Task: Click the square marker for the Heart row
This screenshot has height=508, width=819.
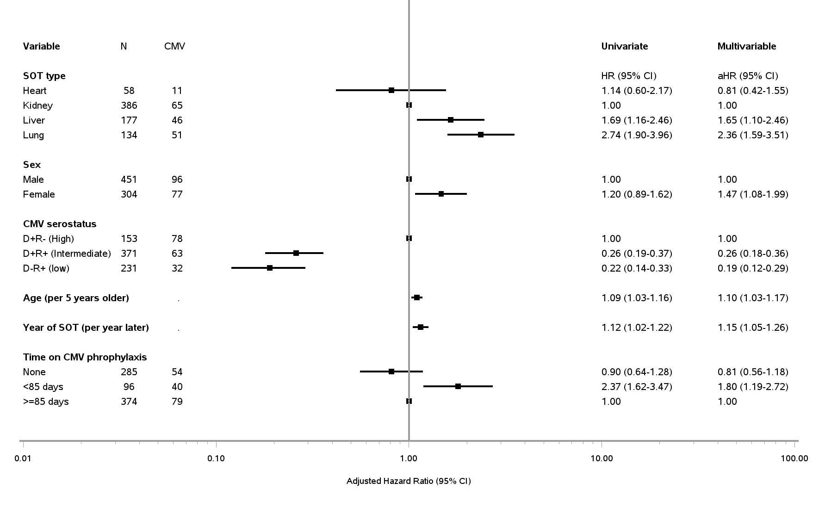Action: point(391,90)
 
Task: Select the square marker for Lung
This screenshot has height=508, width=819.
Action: point(481,135)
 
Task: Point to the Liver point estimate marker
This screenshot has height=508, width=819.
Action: point(451,120)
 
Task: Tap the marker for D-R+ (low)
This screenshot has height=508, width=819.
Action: point(270,268)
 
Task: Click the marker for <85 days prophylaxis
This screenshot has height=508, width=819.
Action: point(458,386)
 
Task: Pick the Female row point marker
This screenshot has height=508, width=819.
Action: point(441,194)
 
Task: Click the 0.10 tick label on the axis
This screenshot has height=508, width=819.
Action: point(216,458)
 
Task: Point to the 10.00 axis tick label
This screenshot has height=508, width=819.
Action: point(602,458)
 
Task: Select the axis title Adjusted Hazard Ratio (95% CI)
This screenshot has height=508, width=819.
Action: point(409,481)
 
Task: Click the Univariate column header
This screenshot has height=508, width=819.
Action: point(625,46)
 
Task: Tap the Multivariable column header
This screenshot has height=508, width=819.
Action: point(747,46)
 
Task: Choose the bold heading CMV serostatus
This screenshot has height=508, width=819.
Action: point(60,224)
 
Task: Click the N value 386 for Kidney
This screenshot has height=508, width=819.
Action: point(129,105)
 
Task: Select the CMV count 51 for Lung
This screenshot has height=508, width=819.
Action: point(177,135)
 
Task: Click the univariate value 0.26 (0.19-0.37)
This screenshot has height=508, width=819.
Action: point(637,254)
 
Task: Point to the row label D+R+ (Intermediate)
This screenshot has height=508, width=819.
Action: point(67,254)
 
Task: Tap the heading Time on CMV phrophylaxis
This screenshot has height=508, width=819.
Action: point(85,357)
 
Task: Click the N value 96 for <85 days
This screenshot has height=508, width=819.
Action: point(129,387)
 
